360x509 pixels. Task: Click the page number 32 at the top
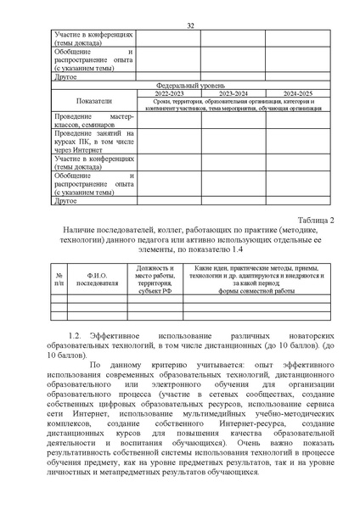coord(191,26)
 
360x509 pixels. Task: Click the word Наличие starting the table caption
coord(82,230)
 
